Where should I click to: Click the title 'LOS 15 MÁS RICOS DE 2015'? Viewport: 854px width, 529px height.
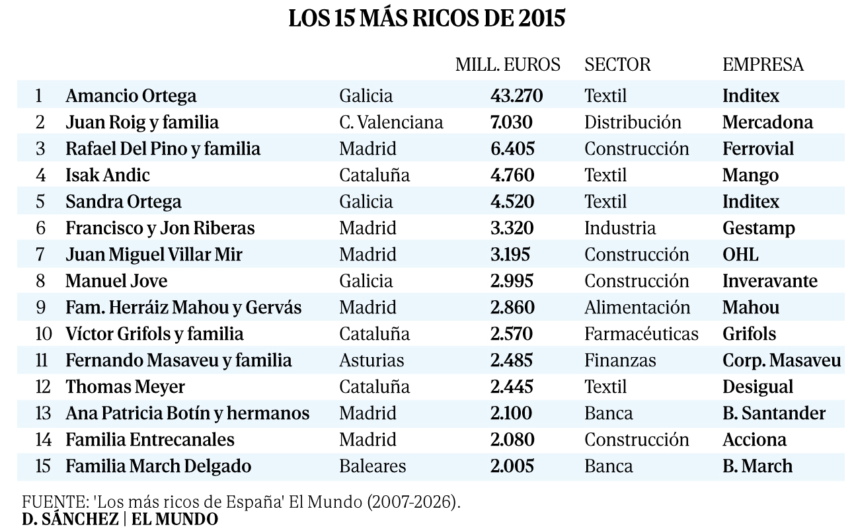pyautogui.click(x=427, y=19)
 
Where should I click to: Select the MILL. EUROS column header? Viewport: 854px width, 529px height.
pyautogui.click(x=508, y=64)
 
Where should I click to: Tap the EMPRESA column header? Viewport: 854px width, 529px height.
pyautogui.click(x=763, y=64)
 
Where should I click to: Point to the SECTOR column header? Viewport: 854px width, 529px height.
pyautogui.click(x=617, y=64)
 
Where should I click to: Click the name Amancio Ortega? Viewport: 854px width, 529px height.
pyautogui.click(x=131, y=96)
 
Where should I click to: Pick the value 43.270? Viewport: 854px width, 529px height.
pyautogui.click(x=516, y=96)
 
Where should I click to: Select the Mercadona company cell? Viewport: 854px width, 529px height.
pyautogui.click(x=767, y=122)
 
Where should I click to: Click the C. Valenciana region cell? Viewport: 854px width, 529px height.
pyautogui.click(x=391, y=122)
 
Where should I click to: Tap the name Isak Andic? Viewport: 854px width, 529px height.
pyautogui.click(x=108, y=175)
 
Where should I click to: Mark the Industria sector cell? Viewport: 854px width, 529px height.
pyautogui.click(x=620, y=228)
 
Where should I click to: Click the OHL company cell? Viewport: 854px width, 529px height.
pyautogui.click(x=740, y=255)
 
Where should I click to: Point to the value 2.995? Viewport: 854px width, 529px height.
pyautogui.click(x=512, y=281)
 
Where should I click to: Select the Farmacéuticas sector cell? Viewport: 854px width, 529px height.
pyautogui.click(x=641, y=334)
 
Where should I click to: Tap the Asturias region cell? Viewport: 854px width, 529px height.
pyautogui.click(x=371, y=360)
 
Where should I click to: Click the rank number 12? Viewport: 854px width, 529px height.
pyautogui.click(x=42, y=387)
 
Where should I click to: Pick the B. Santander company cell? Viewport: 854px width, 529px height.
pyautogui.click(x=774, y=413)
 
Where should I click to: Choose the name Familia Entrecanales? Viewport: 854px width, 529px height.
pyautogui.click(x=150, y=440)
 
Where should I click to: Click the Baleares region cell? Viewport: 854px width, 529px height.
pyautogui.click(x=372, y=466)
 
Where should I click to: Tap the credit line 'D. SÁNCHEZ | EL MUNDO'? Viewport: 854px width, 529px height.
pyautogui.click(x=120, y=519)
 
